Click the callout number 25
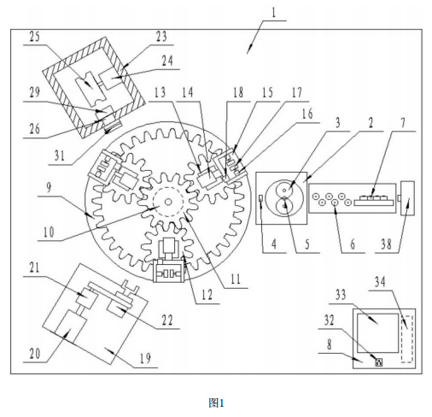pyautogui.click(x=35, y=38)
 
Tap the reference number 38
pyautogui.click(x=386, y=244)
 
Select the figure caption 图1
pyautogui.click(x=216, y=403)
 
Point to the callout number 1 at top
pyautogui.click(x=273, y=13)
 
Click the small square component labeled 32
pyautogui.click(x=379, y=362)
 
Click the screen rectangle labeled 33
pyautogui.click(x=377, y=333)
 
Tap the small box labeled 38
pyautogui.click(x=407, y=198)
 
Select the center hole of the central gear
pyautogui.click(x=168, y=202)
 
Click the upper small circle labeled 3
pyautogui.click(x=284, y=190)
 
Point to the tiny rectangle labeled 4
pyautogui.click(x=261, y=198)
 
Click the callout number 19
pyautogui.click(x=145, y=358)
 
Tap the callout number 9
pyautogui.click(x=49, y=188)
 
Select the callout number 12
pyautogui.click(x=207, y=295)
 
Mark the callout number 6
pyautogui.click(x=353, y=244)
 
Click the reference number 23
pyautogui.click(x=161, y=37)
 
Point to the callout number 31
pyautogui.click(x=59, y=156)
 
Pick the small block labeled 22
pyautogui.click(x=116, y=309)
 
